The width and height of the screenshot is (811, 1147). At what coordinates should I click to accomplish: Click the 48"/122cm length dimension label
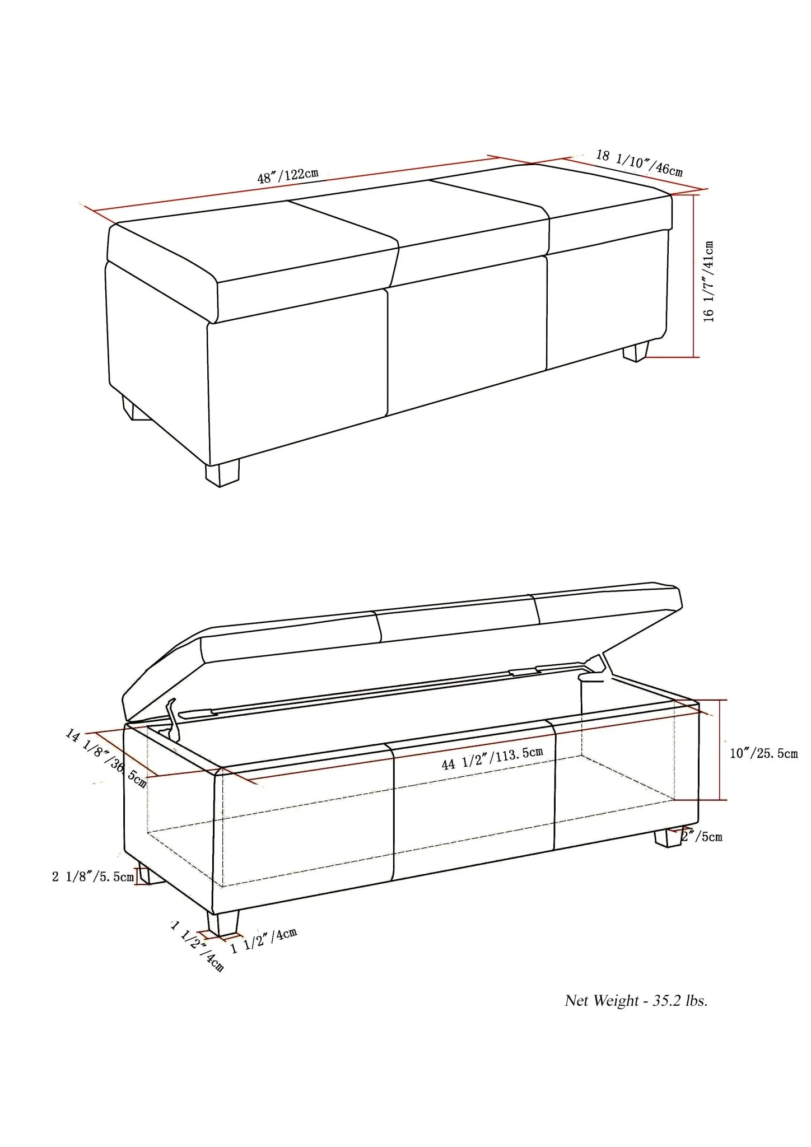tap(287, 175)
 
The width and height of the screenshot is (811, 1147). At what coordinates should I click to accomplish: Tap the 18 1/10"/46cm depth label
tap(639, 162)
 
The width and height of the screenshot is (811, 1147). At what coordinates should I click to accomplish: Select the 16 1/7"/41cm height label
tap(709, 281)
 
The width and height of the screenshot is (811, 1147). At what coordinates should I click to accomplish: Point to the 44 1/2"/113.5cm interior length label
tap(492, 758)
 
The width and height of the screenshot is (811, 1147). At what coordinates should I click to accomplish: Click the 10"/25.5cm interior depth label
tap(763, 753)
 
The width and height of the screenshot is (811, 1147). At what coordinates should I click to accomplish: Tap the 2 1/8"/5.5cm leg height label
tap(92, 876)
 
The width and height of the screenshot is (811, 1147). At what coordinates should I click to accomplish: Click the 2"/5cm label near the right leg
tap(702, 837)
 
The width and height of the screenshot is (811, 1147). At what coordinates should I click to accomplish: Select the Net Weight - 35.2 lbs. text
tap(636, 1001)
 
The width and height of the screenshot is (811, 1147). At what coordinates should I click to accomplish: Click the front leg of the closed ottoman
tap(222, 473)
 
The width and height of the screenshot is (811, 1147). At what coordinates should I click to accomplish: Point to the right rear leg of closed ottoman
tap(636, 351)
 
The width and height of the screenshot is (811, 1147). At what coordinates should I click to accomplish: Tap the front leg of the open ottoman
tap(222, 921)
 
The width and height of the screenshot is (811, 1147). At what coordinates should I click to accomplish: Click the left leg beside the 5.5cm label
tap(145, 875)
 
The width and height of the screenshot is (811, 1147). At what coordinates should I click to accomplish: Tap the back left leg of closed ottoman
tap(135, 409)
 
